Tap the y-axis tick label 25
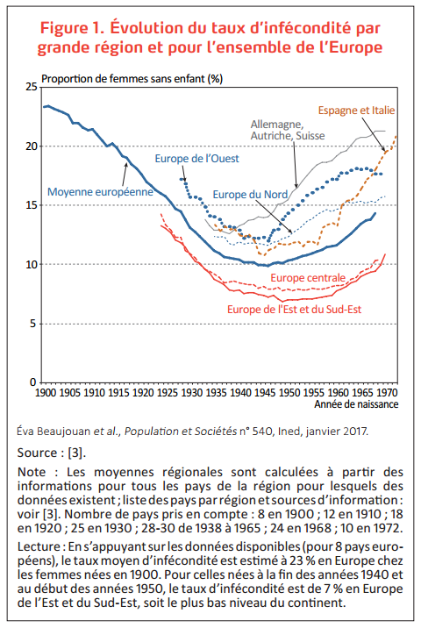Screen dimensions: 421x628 32,87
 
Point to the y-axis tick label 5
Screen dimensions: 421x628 33,324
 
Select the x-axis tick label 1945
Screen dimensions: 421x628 265,393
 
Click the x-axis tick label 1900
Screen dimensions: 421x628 46,393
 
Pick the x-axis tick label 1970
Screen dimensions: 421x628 387,393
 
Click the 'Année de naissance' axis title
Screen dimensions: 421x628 356,404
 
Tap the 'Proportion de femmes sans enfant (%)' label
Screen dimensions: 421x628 132,79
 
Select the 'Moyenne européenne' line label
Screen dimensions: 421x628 100,192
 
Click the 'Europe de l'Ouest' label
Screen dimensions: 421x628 196,159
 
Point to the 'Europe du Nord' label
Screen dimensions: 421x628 250,195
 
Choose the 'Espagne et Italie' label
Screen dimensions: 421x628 356,111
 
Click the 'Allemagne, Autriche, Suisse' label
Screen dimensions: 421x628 288,130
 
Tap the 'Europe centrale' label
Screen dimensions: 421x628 308,277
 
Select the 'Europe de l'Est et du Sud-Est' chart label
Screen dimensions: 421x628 294,310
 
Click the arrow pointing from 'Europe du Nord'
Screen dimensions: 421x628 274,217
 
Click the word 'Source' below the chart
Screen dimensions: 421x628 39,453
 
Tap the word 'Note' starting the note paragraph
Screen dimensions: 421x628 32,472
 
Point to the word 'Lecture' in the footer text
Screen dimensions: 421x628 39,546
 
